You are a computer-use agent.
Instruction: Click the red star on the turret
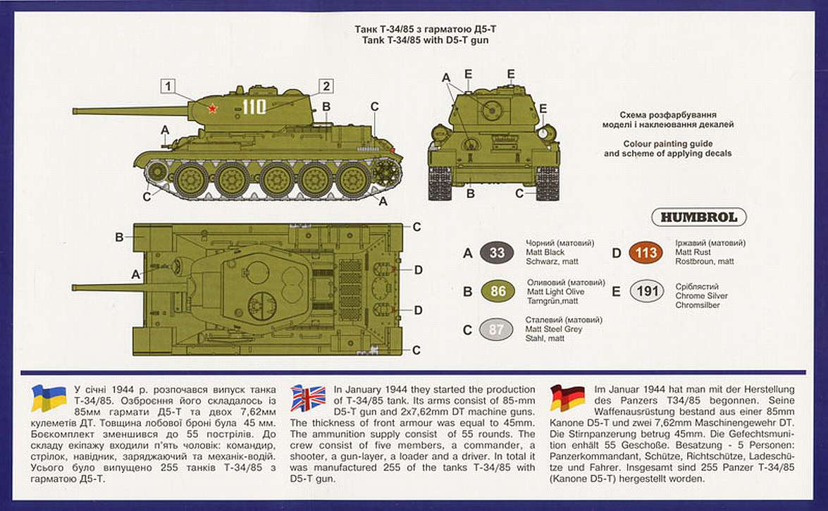click(210, 108)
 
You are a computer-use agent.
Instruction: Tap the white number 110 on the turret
click(254, 107)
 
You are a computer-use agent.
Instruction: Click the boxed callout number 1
click(167, 87)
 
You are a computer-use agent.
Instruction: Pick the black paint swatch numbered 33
click(497, 252)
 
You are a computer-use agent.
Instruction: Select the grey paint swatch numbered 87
click(497, 329)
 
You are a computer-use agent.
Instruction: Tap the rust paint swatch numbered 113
click(646, 252)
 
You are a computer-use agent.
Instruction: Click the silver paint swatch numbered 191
click(646, 292)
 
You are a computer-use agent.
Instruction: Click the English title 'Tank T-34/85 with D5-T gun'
click(421, 40)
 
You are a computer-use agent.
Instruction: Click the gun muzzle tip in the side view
click(75, 109)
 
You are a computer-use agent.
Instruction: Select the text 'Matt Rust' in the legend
click(693, 252)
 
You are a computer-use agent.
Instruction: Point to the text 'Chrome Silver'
click(701, 296)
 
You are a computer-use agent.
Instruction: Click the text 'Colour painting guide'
click(667, 142)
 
